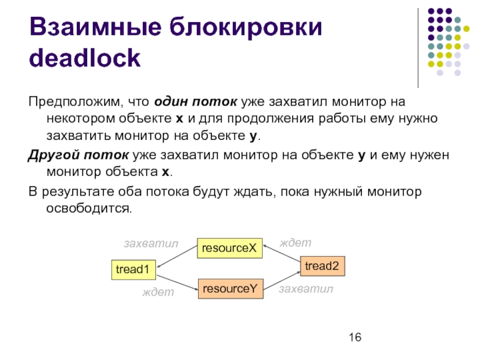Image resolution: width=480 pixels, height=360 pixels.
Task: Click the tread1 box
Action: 133,270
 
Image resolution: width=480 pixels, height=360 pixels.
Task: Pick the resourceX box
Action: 230,248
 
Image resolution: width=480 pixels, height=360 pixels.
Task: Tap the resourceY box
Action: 230,289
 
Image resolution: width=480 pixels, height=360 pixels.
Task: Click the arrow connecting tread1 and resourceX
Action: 177,259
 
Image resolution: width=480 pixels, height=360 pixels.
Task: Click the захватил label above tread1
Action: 151,244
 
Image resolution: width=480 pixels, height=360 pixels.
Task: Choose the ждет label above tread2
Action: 296,242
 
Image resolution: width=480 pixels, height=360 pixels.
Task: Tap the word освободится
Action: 88,208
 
